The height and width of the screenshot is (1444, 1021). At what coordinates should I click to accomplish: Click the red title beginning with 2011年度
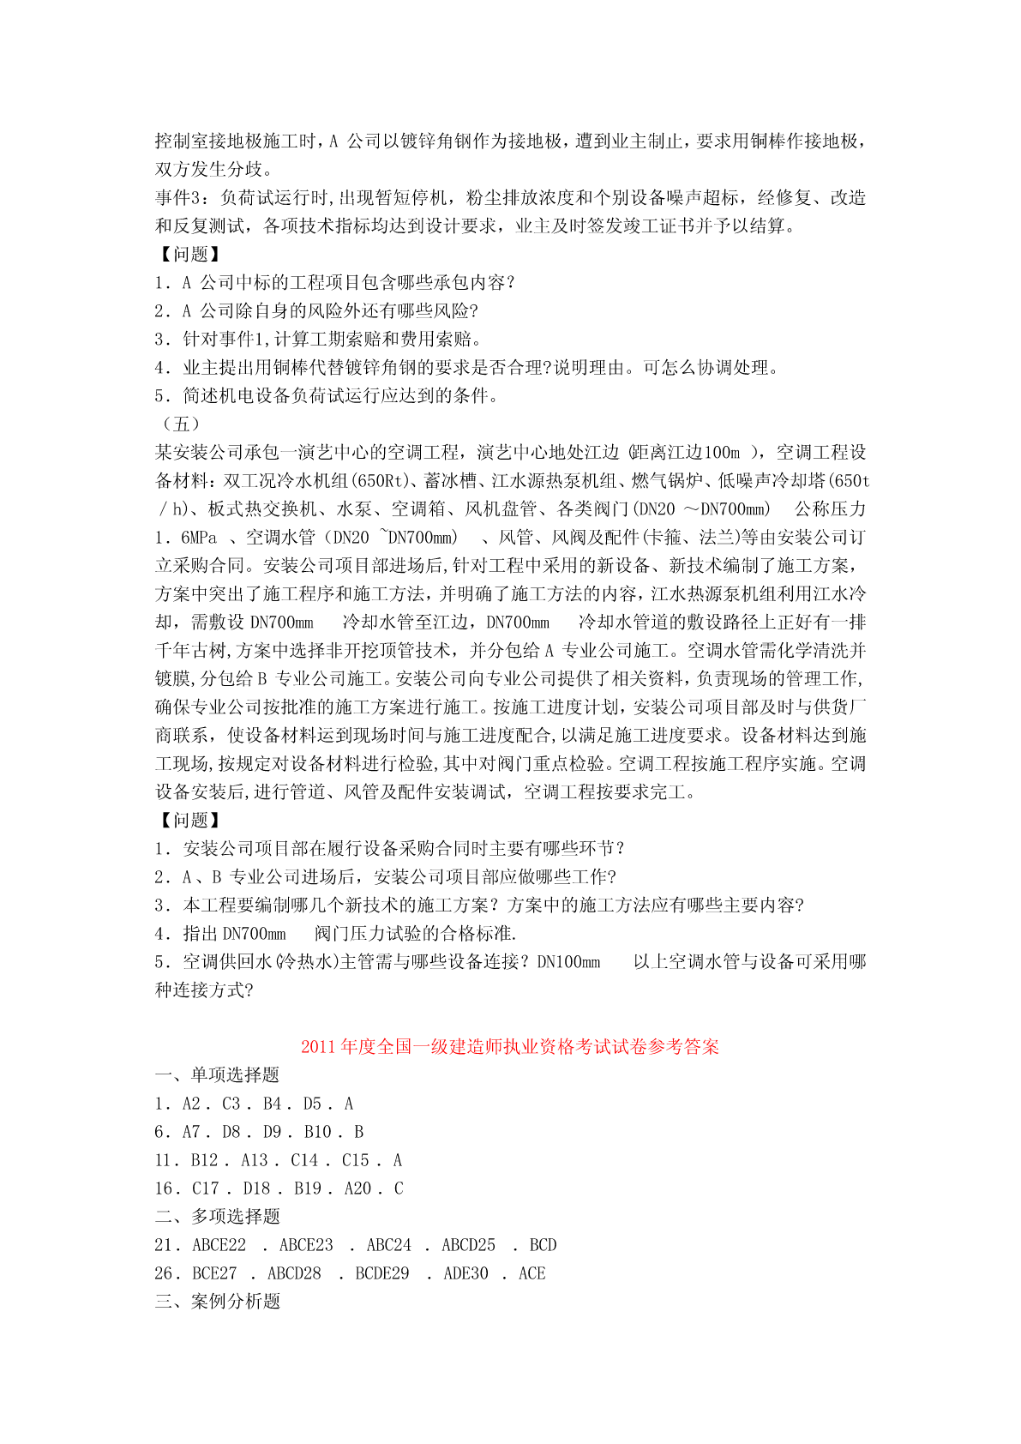point(509,1047)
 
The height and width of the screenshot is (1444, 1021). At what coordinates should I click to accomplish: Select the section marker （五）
point(180,424)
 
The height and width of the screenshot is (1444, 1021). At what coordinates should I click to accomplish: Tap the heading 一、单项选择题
point(217,1075)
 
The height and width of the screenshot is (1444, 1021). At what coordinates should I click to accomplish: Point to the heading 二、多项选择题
point(217,1217)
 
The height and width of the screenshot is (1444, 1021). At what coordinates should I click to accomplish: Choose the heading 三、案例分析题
point(217,1302)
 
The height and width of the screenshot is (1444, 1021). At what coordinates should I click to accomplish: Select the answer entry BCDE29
point(382,1273)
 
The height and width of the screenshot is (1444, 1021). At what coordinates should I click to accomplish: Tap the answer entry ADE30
point(465,1273)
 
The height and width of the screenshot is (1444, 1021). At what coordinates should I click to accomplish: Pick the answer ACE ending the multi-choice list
point(532,1273)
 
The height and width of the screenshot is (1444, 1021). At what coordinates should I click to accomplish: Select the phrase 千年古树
point(191,651)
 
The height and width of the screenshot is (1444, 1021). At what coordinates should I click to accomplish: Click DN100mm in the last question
point(568,962)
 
